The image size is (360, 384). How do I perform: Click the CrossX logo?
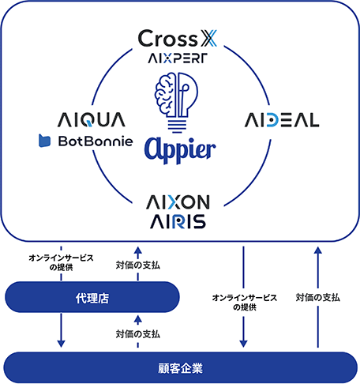(178, 39)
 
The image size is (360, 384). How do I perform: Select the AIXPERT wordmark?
(178, 58)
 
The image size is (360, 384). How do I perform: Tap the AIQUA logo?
(92, 120)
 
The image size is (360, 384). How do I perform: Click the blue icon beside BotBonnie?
(44, 141)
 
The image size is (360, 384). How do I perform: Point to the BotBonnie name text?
(96, 141)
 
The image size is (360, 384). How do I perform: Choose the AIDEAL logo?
(282, 120)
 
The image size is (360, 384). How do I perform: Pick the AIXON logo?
(178, 202)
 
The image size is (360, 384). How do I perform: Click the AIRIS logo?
(178, 221)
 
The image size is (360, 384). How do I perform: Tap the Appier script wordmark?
(180, 150)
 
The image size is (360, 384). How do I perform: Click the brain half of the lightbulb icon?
(165, 94)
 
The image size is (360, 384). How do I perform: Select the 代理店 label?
(92, 299)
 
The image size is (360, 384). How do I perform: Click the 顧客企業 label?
(180, 368)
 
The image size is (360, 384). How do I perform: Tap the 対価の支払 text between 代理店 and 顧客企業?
(138, 334)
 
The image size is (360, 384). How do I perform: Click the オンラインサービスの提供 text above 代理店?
(61, 262)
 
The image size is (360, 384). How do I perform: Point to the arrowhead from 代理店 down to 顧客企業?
(61, 344)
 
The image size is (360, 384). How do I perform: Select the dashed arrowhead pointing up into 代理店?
(137, 319)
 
